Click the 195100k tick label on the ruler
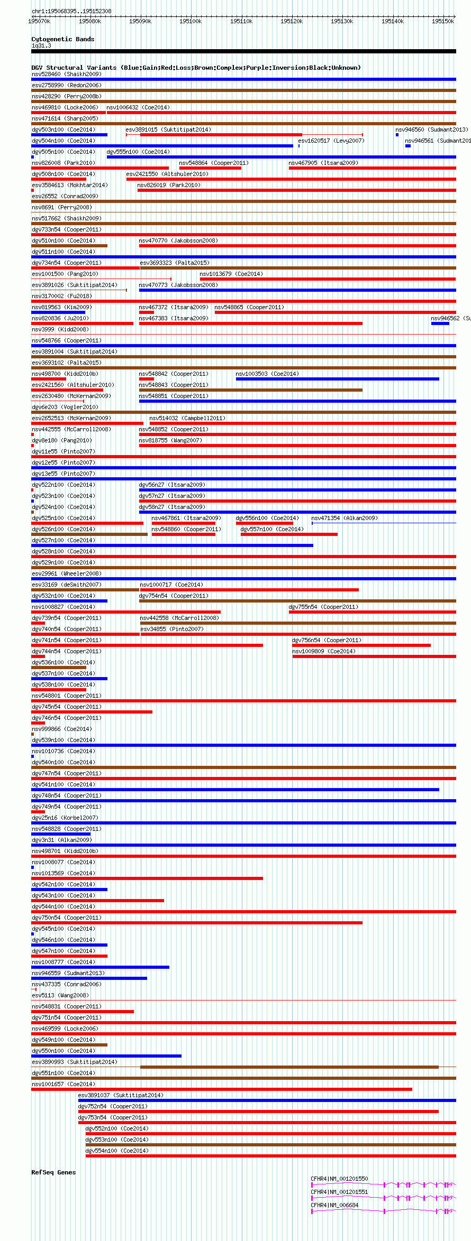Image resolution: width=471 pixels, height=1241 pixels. pos(191,21)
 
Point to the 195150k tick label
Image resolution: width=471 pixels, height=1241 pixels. pos(442,21)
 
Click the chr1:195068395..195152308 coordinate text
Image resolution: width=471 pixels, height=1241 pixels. pos(71,11)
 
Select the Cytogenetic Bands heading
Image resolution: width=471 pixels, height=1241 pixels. pos(62,39)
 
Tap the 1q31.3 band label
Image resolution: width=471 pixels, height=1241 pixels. pos(41,46)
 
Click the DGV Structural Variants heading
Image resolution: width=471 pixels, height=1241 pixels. pos(196,68)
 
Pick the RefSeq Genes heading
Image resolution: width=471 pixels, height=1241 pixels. pos(53,1172)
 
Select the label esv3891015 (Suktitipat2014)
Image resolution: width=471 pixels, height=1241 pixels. pos(168,129)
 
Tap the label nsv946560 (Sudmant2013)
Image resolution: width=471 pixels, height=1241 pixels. pos(431,129)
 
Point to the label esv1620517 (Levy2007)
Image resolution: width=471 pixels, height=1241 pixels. pos(331,141)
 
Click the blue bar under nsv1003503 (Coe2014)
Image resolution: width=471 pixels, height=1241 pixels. pos(337,379)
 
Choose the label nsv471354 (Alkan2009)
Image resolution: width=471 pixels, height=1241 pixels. pos(345,518)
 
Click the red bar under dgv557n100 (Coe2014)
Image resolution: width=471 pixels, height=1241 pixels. pos(289,534)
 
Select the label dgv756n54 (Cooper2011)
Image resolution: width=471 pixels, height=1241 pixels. pos(327,640)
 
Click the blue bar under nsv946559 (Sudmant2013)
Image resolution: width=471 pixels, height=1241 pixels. pos(89,978)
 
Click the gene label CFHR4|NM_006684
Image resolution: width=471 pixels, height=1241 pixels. pos(334,1205)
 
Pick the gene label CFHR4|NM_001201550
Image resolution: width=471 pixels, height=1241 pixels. pos(339,1179)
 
